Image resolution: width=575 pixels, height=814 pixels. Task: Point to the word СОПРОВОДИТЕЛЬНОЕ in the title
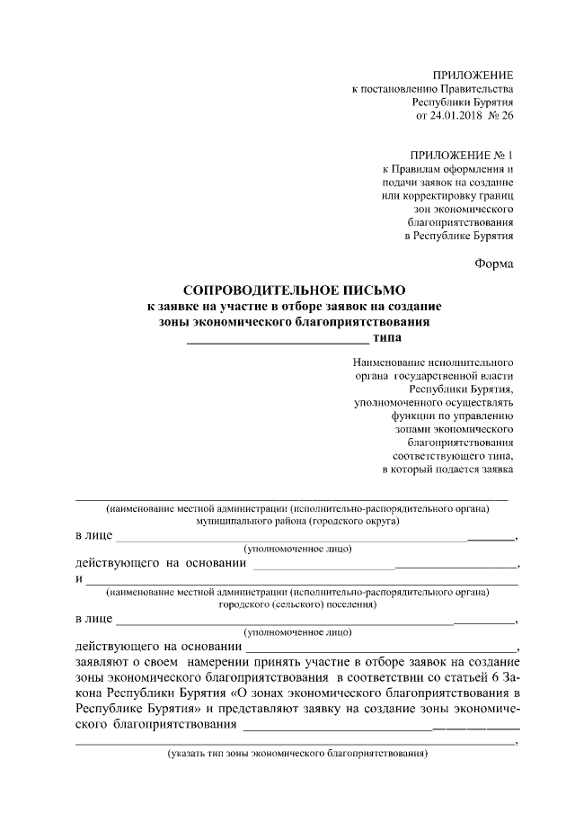(x=255, y=291)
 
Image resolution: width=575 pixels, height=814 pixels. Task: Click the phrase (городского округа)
(x=355, y=521)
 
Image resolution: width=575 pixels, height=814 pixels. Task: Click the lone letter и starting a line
(x=79, y=577)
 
